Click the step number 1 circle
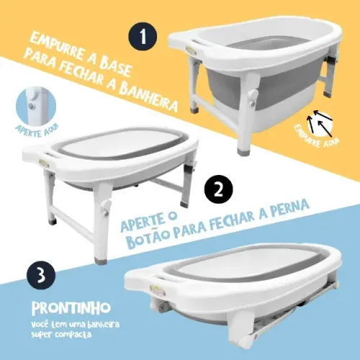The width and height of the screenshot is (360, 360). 143,37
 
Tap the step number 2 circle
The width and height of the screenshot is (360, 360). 218,191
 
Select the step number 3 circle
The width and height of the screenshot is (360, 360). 41,275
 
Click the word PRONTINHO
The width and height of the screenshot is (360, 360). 71,307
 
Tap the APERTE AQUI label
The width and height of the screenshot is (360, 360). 37,131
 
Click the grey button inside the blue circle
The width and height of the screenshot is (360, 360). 31,106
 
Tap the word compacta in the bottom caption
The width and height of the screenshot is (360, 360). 73,334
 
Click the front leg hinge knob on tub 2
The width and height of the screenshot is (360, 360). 106,208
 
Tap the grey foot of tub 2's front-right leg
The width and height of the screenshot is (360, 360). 100,261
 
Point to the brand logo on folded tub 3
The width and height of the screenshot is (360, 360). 158,289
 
